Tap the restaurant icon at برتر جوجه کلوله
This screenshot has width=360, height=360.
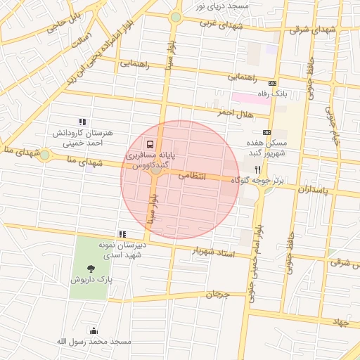pyautogui.click(x=257, y=170)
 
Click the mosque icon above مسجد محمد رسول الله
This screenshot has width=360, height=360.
pyautogui.click(x=94, y=330)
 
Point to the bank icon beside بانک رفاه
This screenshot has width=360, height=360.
pyautogui.click(x=312, y=92)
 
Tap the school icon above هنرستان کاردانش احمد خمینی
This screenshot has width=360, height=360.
pyautogui.click(x=82, y=122)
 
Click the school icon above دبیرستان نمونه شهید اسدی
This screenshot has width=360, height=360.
pyautogui.click(x=122, y=234)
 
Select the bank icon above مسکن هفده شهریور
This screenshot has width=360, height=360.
pyautogui.click(x=266, y=132)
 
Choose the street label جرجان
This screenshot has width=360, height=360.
pyautogui.click(x=217, y=293)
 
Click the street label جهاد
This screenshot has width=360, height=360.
pyautogui.click(x=341, y=322)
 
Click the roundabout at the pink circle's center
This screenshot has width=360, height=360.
pyautogui.click(x=156, y=171)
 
